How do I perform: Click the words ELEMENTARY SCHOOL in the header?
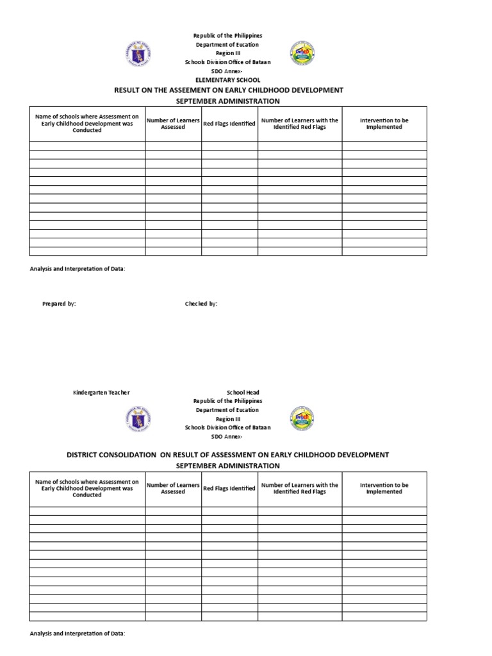[x=227, y=80]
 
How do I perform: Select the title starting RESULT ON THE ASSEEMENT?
[x=228, y=90]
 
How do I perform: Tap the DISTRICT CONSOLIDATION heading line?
[x=228, y=455]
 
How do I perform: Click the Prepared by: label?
[x=59, y=304]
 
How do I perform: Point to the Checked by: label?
[x=201, y=304]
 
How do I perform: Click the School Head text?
[x=243, y=392]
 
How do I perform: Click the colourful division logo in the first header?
[x=302, y=54]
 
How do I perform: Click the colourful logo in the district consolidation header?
[x=302, y=418]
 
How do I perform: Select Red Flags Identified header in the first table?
[x=229, y=124]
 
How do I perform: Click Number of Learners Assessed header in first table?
[x=173, y=124]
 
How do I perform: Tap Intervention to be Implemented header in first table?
[x=384, y=124]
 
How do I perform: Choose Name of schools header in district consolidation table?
[x=87, y=488]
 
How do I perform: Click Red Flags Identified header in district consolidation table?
[x=229, y=488]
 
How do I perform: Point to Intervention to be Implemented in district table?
[x=384, y=488]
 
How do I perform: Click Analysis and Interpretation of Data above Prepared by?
[x=78, y=269]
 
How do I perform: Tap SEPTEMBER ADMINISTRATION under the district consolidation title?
[x=228, y=466]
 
